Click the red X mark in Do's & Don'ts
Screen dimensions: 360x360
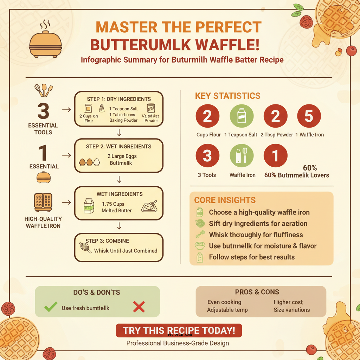pos(139,307)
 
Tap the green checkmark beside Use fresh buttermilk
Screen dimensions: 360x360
pos(51,307)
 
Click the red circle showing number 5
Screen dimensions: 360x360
pos(309,116)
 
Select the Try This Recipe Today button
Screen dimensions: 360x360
pos(179,330)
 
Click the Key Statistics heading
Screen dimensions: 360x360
pos(227,96)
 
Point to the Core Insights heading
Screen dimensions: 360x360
pos(225,200)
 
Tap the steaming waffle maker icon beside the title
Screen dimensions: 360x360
pos(46,42)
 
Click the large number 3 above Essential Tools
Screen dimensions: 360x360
pos(43,112)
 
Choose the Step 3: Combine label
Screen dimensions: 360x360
pos(107,241)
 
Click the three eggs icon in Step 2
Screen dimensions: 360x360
pos(89,162)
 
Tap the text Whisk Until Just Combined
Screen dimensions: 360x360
pos(126,251)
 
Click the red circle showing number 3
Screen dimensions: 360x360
pos(207,156)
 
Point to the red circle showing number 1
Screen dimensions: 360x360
pos(275,156)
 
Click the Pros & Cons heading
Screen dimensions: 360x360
pos(257,292)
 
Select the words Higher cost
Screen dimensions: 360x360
pos(288,302)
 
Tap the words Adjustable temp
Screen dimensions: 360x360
pos(227,310)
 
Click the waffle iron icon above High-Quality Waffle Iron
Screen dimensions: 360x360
pos(43,202)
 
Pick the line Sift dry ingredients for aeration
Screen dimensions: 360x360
pos(258,224)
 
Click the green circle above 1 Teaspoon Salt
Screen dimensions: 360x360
pos(242,116)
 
